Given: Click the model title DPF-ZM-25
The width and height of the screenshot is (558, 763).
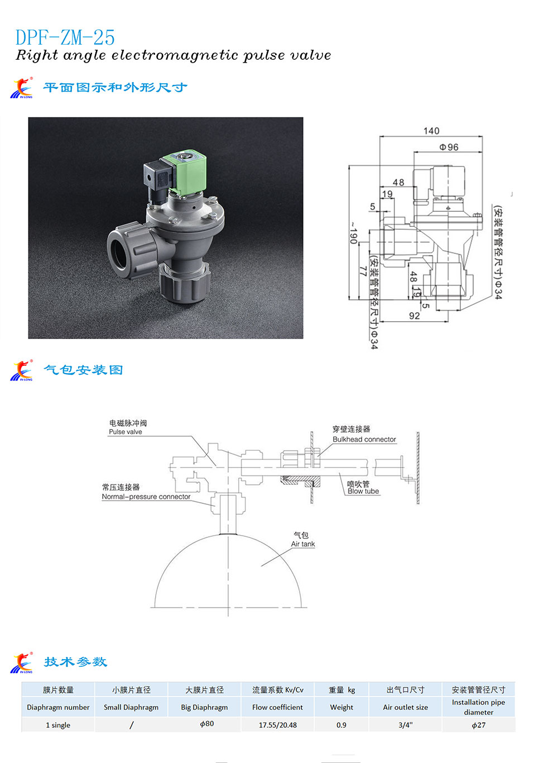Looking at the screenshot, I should point(65,37).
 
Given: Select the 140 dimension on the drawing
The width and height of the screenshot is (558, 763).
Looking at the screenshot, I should point(431,131).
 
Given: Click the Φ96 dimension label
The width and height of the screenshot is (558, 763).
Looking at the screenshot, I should point(449,147).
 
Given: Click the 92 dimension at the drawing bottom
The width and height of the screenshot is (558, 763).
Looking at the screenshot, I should point(414,316).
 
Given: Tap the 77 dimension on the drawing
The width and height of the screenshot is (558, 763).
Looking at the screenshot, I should point(363,271).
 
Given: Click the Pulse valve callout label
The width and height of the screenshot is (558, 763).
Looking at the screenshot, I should point(126,432).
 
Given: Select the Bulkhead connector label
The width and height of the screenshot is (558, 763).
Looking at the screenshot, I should point(364,440).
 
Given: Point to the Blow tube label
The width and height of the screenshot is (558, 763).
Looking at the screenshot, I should point(363,492).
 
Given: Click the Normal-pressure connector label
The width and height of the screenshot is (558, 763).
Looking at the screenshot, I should point(146,497).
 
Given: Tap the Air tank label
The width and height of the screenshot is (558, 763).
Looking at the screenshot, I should point(302,544).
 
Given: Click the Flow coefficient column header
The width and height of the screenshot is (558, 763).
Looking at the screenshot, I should point(277,707).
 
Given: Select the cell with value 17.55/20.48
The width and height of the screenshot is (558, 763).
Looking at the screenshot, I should point(277,725).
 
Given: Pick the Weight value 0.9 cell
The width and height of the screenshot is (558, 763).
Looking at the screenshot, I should point(341,725).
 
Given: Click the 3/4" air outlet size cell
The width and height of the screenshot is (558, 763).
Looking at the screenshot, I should point(405,725).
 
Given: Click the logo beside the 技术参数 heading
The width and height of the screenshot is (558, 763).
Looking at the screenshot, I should point(22,663).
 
